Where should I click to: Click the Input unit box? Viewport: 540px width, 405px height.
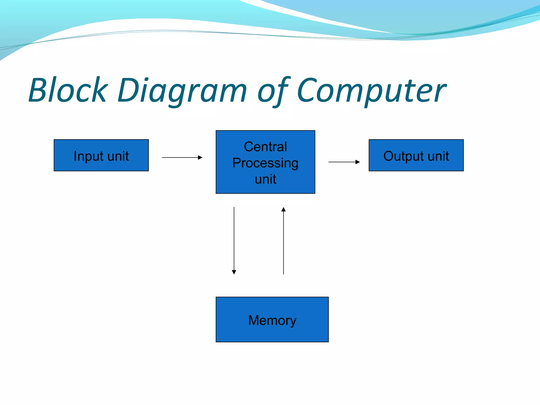coord(101,155)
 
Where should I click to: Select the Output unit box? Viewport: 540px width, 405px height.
coord(416,155)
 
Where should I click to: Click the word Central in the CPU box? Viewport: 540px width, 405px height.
coord(265,147)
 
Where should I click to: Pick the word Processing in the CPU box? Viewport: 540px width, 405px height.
coord(265,163)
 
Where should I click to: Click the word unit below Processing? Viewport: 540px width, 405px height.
coord(265,179)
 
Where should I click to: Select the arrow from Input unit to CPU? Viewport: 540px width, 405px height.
coord(182,157)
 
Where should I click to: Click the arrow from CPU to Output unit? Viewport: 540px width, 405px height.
coord(344,162)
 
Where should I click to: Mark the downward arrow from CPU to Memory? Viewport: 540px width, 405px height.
coord(234,240)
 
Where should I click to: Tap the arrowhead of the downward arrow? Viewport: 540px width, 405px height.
coord(234,272)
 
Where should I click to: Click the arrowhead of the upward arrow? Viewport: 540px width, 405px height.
coord(283,210)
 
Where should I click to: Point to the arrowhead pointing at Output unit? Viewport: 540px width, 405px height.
coord(358,162)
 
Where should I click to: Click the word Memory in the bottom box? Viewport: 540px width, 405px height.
coord(272,321)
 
